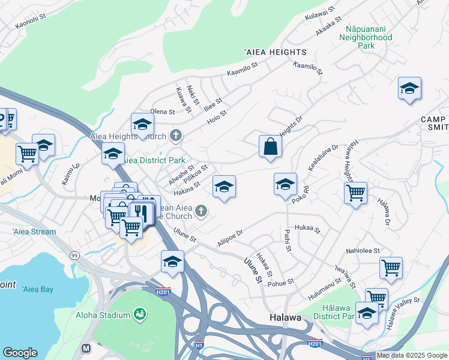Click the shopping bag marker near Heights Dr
[270, 146]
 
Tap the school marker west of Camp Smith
[409, 89]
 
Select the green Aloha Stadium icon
[140, 314]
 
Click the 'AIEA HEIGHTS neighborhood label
[274, 52]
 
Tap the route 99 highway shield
[74, 255]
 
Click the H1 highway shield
[199, 346]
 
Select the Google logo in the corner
[20, 353]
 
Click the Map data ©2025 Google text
[412, 355]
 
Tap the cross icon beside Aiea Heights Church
[176, 134]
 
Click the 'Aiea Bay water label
[37, 289]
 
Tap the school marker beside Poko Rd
[285, 184]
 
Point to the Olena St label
[162, 112]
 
